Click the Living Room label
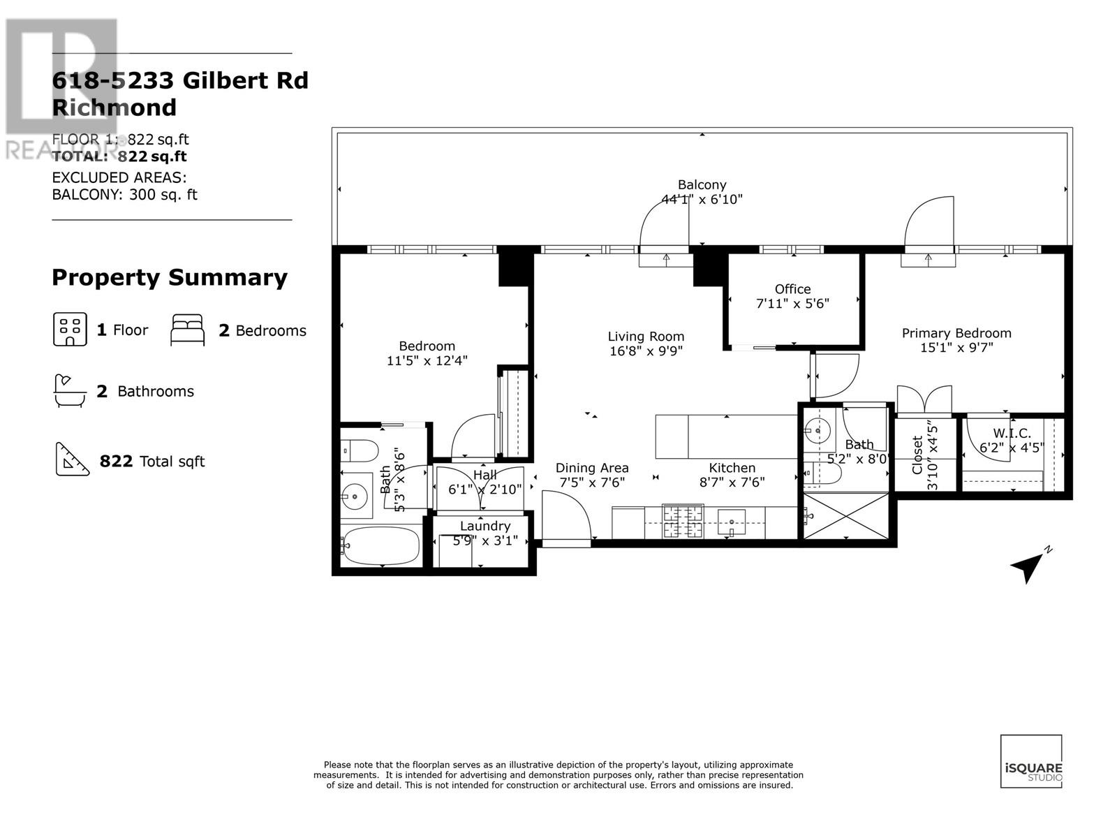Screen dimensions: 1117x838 click(645, 337)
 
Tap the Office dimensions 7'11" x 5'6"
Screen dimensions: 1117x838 click(792, 304)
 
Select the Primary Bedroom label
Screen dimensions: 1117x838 click(956, 333)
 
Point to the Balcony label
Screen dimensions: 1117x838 click(702, 184)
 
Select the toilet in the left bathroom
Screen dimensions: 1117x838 click(360, 450)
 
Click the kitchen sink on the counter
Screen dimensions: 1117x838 click(731, 522)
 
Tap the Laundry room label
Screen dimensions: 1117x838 click(485, 526)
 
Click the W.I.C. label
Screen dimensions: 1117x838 click(1012, 434)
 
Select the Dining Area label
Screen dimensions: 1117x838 click(592, 468)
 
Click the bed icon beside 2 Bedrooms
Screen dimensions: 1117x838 click(188, 330)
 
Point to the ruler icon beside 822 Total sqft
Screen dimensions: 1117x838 click(72, 460)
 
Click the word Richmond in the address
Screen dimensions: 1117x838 click(114, 108)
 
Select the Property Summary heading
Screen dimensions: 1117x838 click(170, 278)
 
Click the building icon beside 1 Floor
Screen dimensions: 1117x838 click(70, 330)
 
